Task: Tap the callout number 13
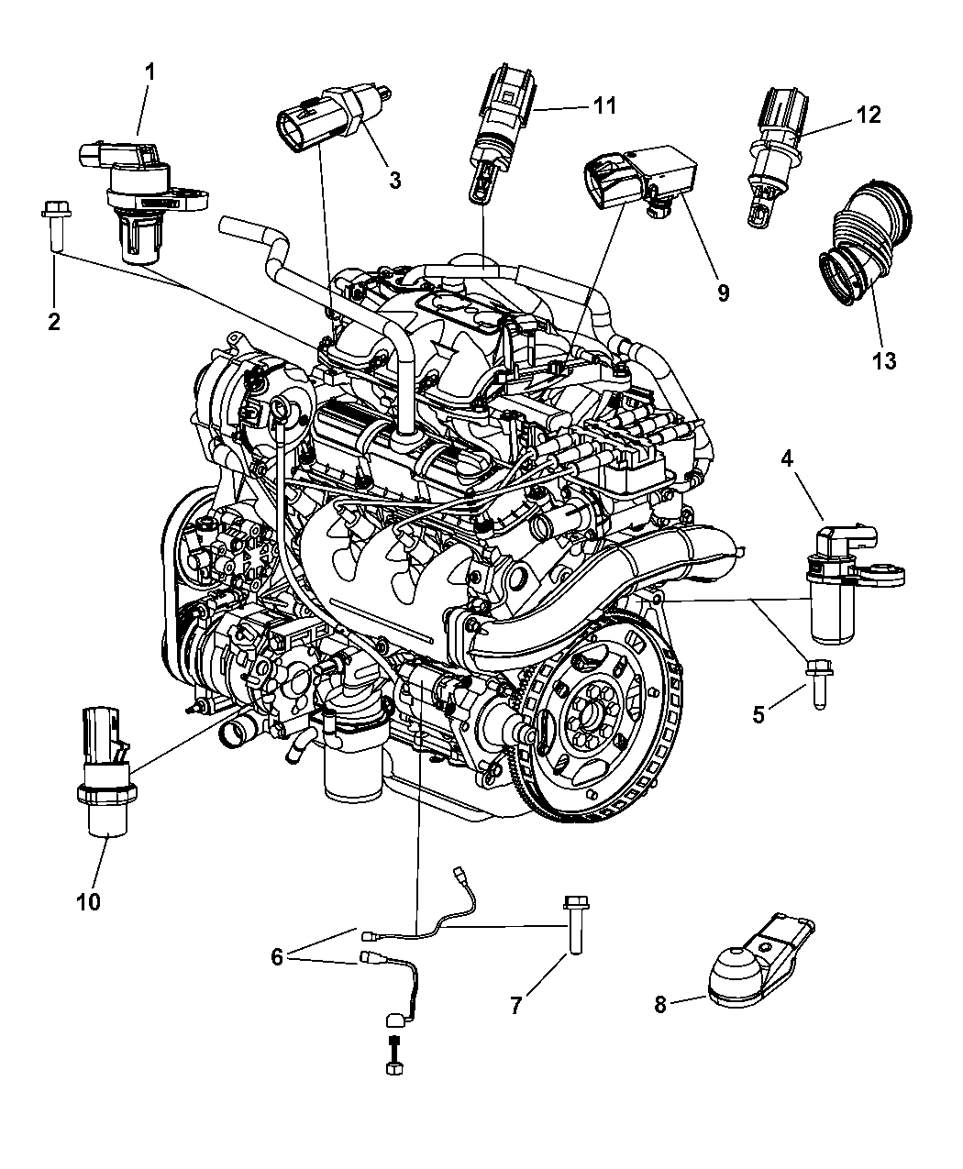click(883, 360)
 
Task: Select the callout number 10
click(88, 901)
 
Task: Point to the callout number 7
click(515, 1006)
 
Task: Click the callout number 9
click(723, 292)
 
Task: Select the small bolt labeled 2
click(52, 226)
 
